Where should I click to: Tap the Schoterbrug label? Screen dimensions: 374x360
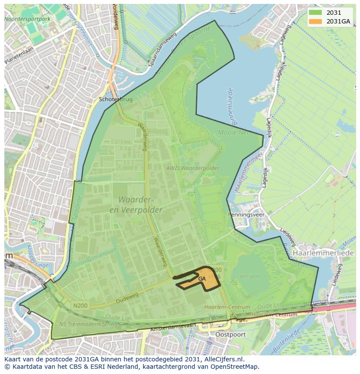116,99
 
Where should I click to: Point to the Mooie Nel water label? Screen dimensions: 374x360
233,132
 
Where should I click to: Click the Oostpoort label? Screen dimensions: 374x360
231,335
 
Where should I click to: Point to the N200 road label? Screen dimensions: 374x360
80,306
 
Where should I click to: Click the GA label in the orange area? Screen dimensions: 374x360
202,279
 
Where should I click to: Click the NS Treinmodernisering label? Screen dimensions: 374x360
89,324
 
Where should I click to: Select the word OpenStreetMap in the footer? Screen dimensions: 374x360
236,367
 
